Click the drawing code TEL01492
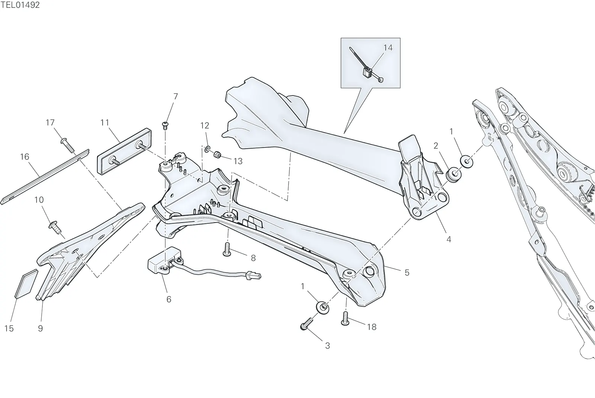coord(20,5)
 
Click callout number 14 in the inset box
coord(388,48)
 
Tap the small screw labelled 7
coord(165,125)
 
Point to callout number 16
coord(25,157)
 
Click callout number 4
coord(448,239)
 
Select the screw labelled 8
coord(226,249)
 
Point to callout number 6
coord(169,299)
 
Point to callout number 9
coord(41,329)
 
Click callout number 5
coord(407,272)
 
